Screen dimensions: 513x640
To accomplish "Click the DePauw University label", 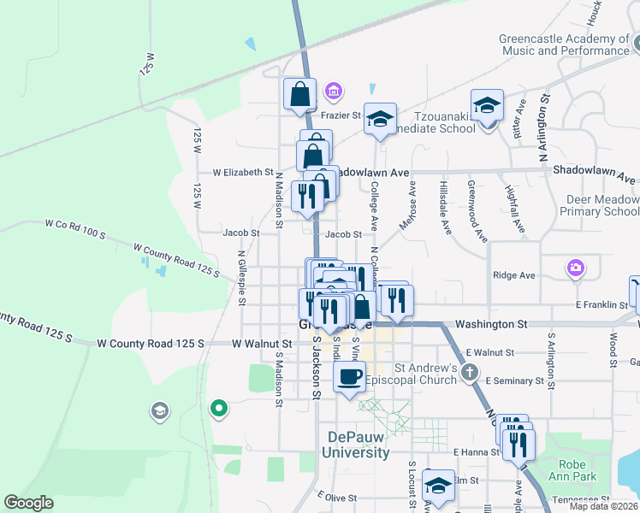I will coord(359,445).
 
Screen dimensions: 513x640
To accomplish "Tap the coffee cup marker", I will coord(349,377).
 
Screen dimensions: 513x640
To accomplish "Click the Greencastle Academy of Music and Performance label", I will coord(565,44).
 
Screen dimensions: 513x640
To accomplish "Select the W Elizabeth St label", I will coord(242,172).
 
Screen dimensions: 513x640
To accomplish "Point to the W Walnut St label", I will coord(256,343).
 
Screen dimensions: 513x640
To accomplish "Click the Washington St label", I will coord(491,325).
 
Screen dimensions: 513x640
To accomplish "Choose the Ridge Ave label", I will coord(514,275).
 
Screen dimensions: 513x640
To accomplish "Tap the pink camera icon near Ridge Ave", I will coord(576,268).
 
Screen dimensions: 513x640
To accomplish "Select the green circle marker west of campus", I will coord(219,408).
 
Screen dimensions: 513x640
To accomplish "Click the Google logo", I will coord(28,503).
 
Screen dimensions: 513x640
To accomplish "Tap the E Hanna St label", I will coord(475,451).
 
